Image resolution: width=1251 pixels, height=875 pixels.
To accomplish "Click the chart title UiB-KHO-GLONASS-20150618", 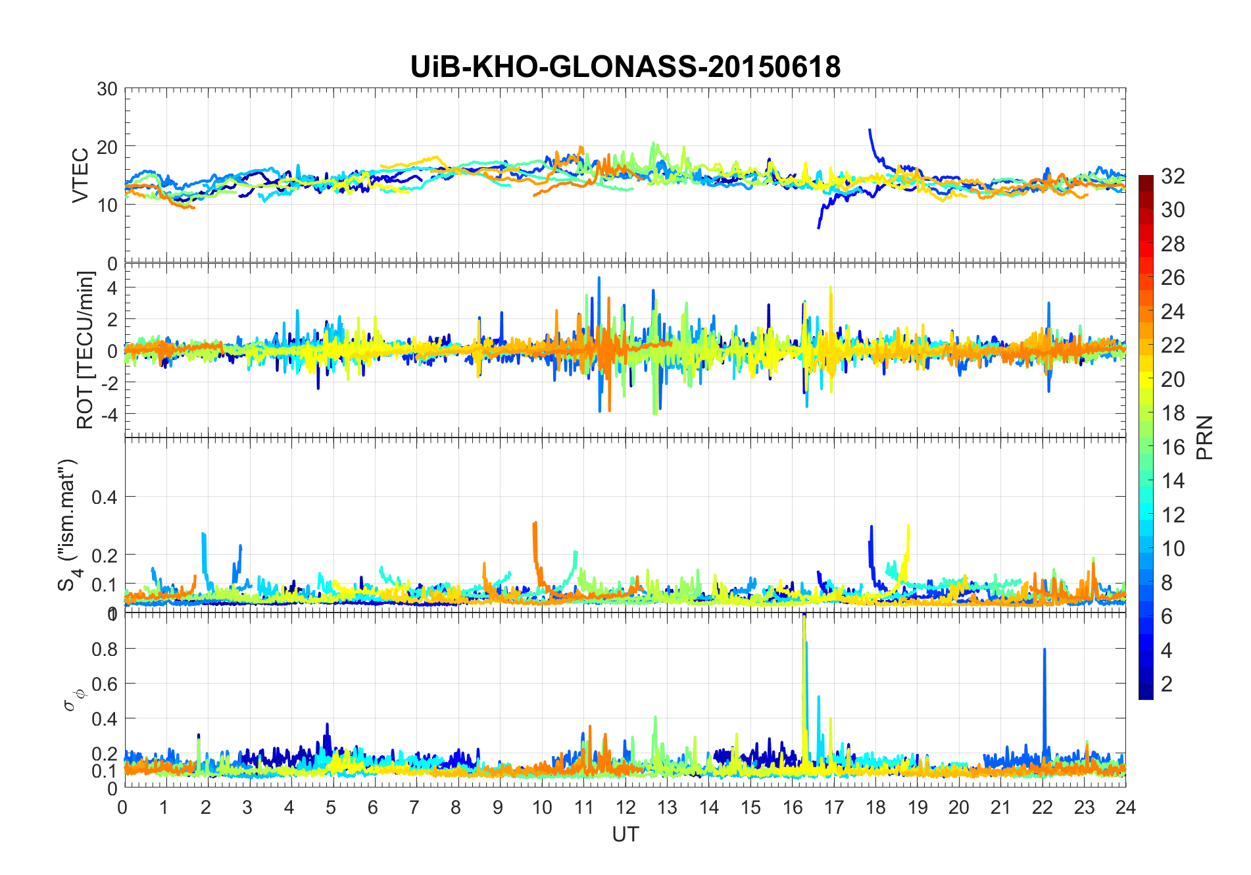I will click(x=625, y=67).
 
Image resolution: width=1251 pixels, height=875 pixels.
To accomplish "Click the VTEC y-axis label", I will click(x=80, y=176).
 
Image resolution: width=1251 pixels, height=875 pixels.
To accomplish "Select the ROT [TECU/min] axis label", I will click(x=85, y=350).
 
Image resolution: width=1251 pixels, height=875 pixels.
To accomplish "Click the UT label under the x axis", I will click(x=625, y=834).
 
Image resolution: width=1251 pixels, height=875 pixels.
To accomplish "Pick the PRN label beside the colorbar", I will click(x=1204, y=438).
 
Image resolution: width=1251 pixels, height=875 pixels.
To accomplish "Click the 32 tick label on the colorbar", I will click(x=1173, y=176).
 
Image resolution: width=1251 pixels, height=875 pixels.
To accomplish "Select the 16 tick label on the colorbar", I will click(x=1173, y=447).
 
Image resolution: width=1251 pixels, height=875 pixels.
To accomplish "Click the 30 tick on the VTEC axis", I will click(x=107, y=89).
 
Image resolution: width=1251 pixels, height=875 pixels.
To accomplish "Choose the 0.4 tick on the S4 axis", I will click(x=104, y=497).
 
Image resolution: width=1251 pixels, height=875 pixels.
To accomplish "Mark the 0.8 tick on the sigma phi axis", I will click(x=104, y=649).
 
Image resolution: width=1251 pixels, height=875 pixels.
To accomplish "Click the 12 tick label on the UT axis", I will click(x=625, y=807).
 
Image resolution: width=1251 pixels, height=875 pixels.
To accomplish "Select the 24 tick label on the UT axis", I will click(x=1125, y=807).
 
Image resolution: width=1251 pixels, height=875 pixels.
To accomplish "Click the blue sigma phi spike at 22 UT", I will click(x=1044, y=651).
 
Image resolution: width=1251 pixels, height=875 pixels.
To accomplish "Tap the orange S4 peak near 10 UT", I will click(x=535, y=524).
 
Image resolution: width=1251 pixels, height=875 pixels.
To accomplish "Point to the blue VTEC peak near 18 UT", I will click(x=870, y=131).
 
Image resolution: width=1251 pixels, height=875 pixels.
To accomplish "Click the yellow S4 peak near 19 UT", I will click(x=908, y=526).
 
